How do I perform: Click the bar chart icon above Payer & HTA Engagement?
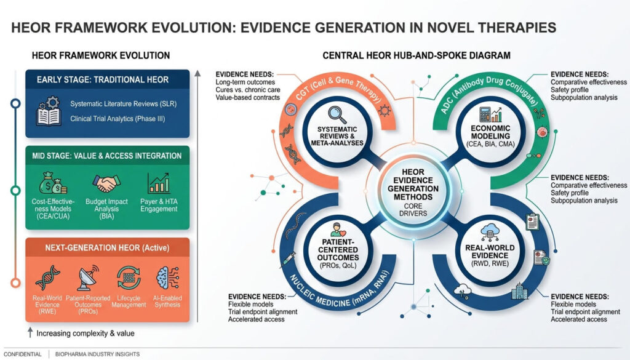click(x=157, y=183)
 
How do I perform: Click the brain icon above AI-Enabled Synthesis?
click(x=164, y=274)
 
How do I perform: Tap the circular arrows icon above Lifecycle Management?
click(x=127, y=274)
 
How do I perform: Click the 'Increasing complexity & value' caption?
click(x=86, y=333)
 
